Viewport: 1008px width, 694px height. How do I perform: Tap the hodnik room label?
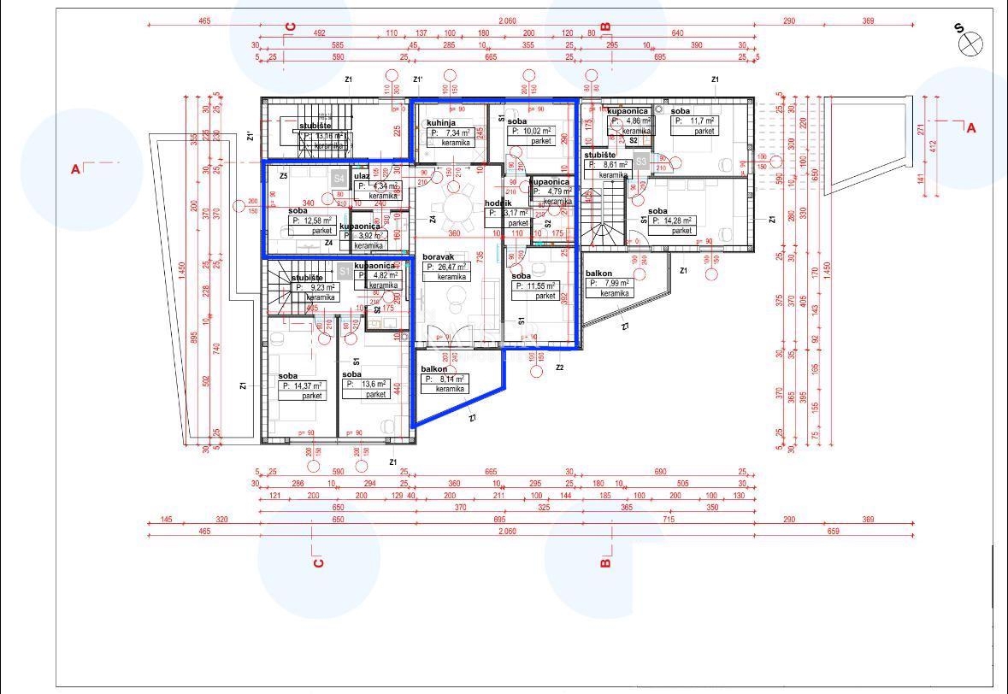tap(498, 203)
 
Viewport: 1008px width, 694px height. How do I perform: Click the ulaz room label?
tap(362, 176)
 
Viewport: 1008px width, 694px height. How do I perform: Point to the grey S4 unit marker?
tap(339, 179)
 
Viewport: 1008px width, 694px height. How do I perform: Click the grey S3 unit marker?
tap(641, 160)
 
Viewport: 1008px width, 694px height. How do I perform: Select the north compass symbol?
tap(970, 42)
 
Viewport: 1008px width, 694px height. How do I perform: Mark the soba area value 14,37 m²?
tap(302, 386)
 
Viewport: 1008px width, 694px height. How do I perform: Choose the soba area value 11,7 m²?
tap(694, 121)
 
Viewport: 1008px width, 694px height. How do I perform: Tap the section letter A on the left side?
tap(76, 169)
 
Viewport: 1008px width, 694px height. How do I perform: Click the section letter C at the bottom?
tap(318, 562)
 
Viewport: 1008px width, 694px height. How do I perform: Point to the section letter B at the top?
tap(605, 26)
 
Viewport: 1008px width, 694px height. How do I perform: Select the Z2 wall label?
tap(560, 368)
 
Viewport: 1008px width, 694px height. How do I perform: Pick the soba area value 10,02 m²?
tap(530, 132)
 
